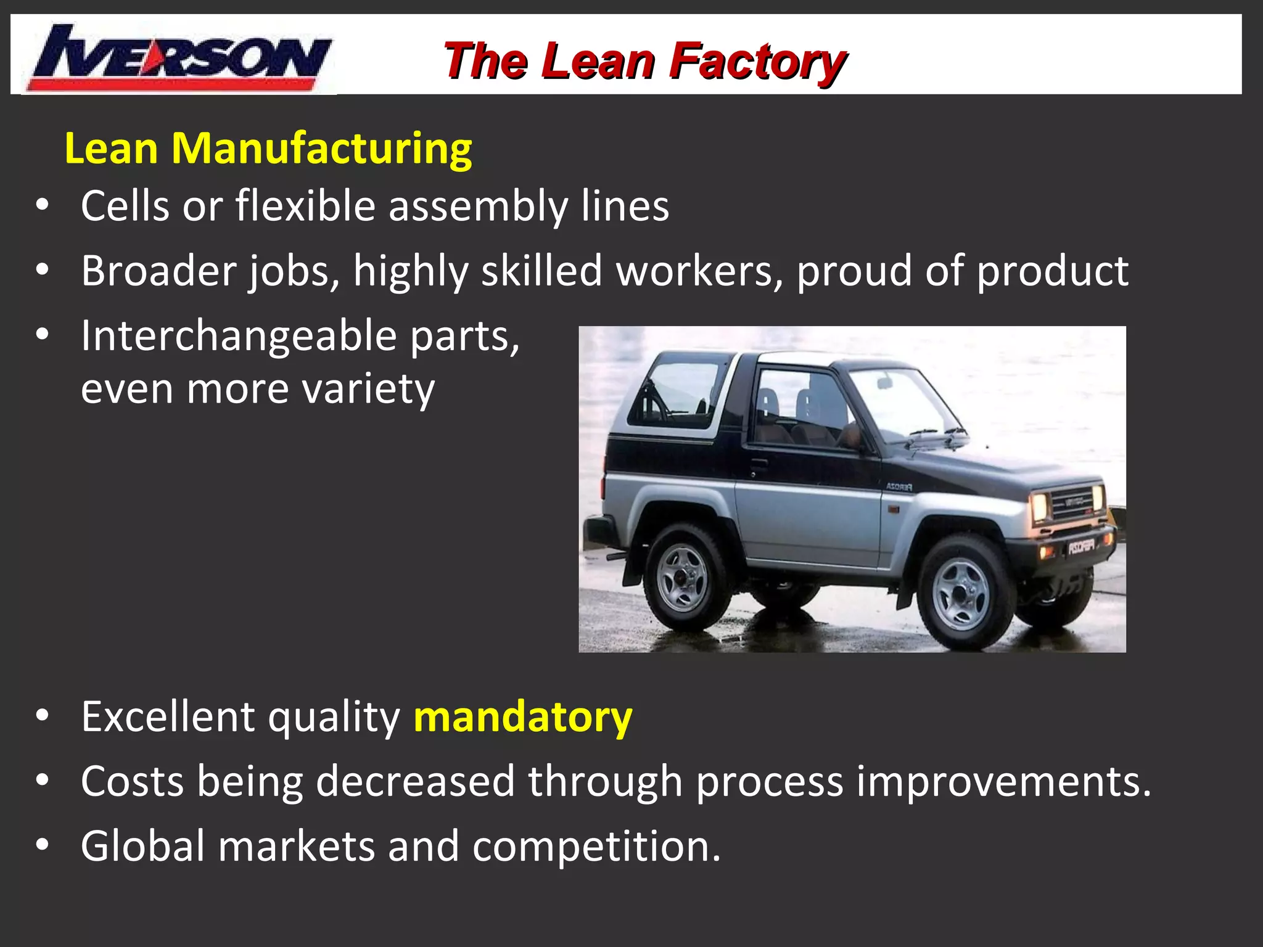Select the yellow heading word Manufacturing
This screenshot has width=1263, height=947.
coord(321,149)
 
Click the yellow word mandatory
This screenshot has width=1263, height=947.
coord(523,717)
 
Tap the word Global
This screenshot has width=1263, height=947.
coord(142,846)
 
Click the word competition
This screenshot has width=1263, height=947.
coord(596,846)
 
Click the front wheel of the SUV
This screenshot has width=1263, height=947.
coord(960,594)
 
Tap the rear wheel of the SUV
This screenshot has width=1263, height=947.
coord(683,576)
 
